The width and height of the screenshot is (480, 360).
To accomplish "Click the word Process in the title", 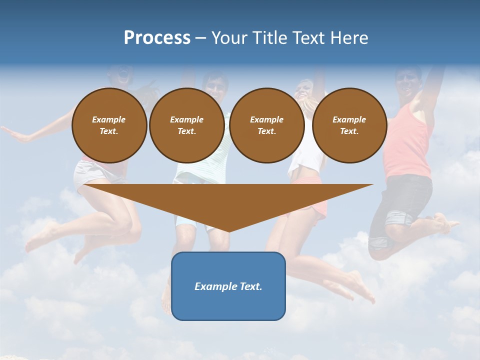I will pos(157,38).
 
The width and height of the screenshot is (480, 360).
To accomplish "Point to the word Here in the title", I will pos(348,38).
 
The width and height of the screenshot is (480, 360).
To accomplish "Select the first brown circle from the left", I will pos(109,125).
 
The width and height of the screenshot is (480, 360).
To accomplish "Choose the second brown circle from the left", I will pos(187,125).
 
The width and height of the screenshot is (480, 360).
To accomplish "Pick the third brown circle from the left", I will pos(267,125).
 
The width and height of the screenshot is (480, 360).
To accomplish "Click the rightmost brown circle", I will pos(349,125).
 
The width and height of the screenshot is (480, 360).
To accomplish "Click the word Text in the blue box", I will pos(248,286).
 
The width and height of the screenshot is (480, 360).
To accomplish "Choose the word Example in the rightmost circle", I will pos(349,119).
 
